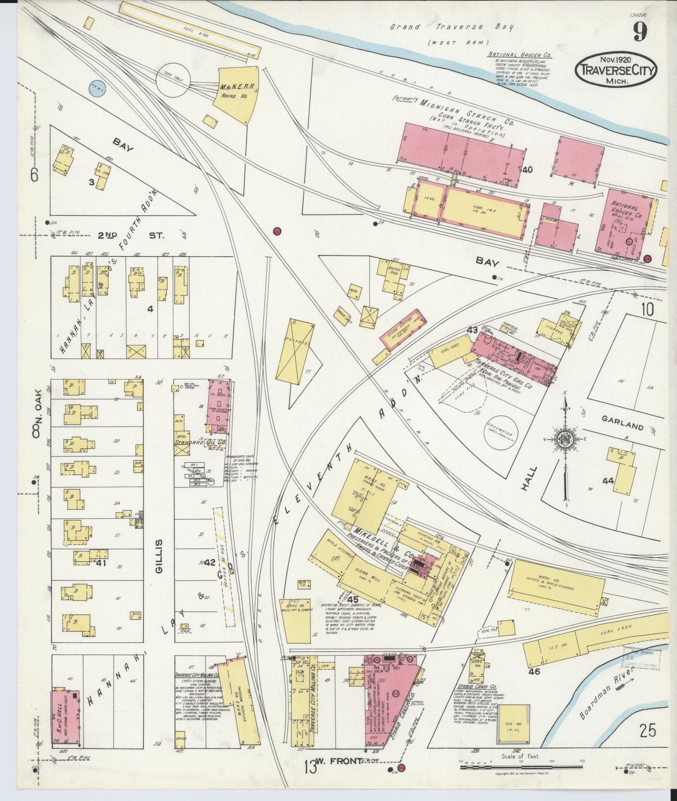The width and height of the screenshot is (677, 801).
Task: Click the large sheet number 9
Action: coord(640,31)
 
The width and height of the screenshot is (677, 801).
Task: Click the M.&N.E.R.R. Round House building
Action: coord(237,94)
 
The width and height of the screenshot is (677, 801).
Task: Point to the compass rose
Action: coord(565,439)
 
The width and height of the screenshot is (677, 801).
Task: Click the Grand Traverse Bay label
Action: coord(452,27)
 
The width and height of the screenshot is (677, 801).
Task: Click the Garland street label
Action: coord(623,425)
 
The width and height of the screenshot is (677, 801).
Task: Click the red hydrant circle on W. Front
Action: coord(402,767)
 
